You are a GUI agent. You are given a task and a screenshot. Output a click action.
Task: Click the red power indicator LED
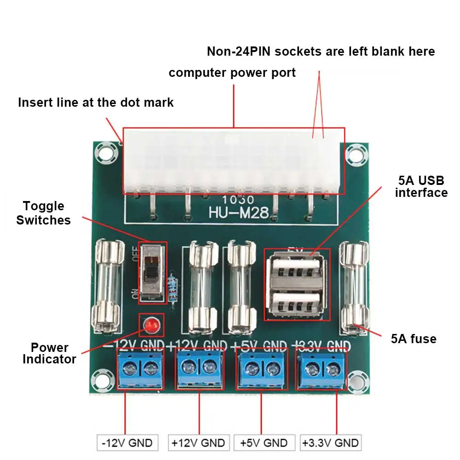[150, 326]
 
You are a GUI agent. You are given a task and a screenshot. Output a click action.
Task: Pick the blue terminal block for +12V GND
[199, 368]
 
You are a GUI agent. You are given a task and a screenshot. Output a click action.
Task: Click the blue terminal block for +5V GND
[262, 368]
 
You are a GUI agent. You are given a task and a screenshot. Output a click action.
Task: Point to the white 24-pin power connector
[233, 161]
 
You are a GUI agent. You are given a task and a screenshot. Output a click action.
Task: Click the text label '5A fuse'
[414, 339]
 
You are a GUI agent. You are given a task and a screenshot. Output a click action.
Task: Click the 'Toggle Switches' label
[44, 213]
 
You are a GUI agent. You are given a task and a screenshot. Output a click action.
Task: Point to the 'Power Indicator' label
[49, 353]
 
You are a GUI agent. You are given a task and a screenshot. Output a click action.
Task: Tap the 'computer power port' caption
[232, 73]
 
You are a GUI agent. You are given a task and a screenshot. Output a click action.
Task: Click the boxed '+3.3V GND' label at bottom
[330, 443]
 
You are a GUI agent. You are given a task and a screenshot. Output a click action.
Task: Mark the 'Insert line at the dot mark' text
[96, 102]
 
